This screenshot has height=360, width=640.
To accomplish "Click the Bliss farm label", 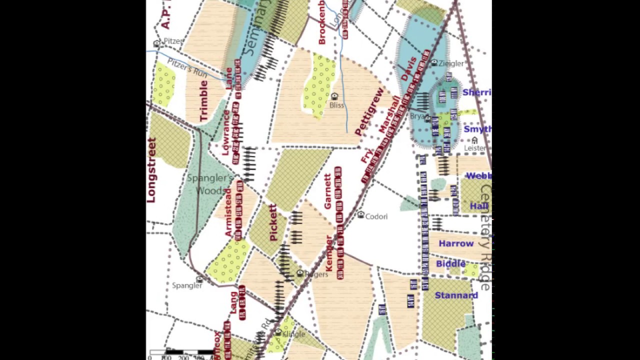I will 337,105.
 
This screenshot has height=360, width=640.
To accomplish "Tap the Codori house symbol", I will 361,214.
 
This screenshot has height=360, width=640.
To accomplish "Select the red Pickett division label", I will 273,222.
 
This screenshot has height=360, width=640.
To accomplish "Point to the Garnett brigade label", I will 328,191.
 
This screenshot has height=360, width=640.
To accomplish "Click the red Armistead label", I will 228,212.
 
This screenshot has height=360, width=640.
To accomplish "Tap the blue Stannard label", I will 456,295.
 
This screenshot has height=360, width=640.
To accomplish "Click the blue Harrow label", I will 456,244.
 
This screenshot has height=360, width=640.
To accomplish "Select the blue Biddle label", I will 450,263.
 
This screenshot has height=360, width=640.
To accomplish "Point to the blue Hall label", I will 479,206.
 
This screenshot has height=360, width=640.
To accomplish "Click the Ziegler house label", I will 451,63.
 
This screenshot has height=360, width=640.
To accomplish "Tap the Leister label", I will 474,148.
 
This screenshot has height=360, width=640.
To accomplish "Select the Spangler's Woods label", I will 210,184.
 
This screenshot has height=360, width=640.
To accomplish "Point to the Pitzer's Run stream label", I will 187,67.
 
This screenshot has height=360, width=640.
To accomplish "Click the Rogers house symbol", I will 300,273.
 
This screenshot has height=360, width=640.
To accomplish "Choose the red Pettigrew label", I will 369,111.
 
